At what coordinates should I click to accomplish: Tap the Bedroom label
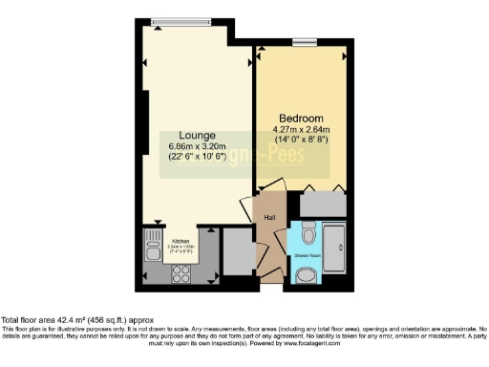point(300,118)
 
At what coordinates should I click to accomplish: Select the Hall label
point(269,217)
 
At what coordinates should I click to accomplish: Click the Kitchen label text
point(180,241)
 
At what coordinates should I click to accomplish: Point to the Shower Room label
point(308,256)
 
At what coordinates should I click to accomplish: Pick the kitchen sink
point(153,251)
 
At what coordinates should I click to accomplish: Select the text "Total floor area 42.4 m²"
point(48,319)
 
